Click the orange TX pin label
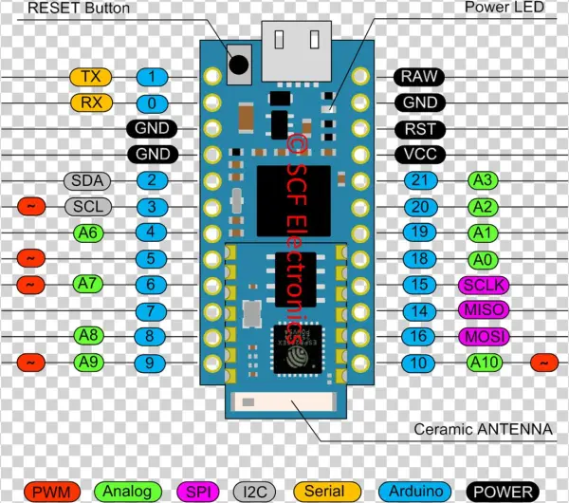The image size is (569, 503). [91, 77]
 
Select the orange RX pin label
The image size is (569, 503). [91, 102]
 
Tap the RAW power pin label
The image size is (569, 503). [418, 77]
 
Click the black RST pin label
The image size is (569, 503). [418, 128]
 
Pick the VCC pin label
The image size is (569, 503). [418, 154]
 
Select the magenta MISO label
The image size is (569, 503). [484, 310]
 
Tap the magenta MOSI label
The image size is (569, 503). [484, 336]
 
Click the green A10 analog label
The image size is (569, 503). [488, 362]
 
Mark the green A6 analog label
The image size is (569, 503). [89, 232]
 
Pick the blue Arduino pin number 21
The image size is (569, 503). [418, 180]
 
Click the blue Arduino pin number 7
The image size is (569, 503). [152, 310]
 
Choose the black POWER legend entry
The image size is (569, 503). [503, 491]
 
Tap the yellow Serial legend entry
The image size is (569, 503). [323, 491]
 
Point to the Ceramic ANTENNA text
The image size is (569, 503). [483, 429]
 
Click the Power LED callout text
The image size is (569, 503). [505, 9]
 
